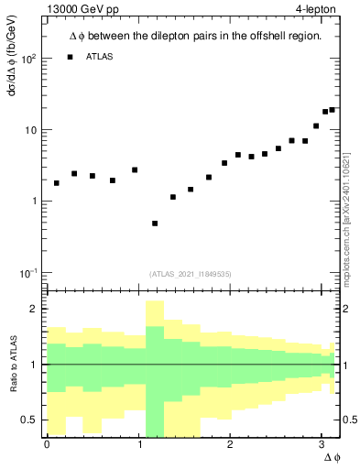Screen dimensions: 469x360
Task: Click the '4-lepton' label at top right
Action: [317, 10]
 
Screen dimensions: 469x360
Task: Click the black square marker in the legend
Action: [70, 58]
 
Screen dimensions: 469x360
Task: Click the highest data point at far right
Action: [332, 110]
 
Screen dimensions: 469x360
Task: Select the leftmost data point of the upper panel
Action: [57, 183]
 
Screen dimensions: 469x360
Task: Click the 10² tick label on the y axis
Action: [27, 59]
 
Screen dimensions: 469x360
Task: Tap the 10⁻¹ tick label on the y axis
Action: [27, 273]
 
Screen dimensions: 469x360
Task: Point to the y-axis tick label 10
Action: [29, 130]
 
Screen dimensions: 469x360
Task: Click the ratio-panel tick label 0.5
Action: [29, 420]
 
